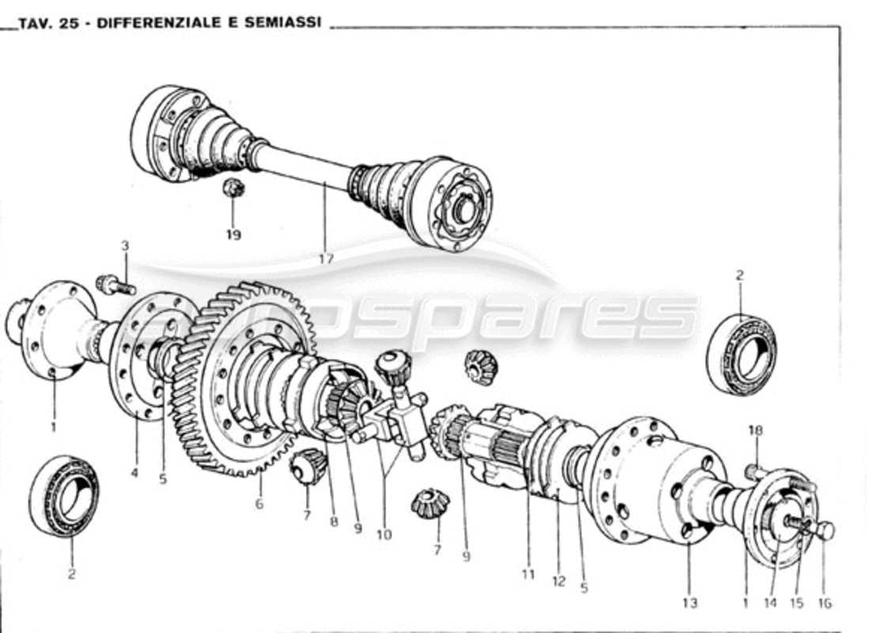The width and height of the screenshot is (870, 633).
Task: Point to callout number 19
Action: pyautogui.click(x=233, y=234)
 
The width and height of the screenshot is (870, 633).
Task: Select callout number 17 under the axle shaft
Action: pyautogui.click(x=325, y=258)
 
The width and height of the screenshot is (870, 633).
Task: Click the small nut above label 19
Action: pyautogui.click(x=233, y=189)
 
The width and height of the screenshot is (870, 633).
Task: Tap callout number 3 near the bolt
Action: pyautogui.click(x=124, y=246)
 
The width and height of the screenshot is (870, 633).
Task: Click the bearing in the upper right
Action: pyautogui.click(x=740, y=354)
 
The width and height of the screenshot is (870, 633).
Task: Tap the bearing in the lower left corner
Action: pyautogui.click(x=64, y=496)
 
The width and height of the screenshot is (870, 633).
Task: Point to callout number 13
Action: pyautogui.click(x=690, y=603)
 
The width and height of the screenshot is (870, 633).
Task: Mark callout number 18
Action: pyautogui.click(x=756, y=430)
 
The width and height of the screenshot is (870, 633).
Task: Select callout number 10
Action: pyautogui.click(x=384, y=534)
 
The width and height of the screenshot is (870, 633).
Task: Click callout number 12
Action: pyautogui.click(x=559, y=582)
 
